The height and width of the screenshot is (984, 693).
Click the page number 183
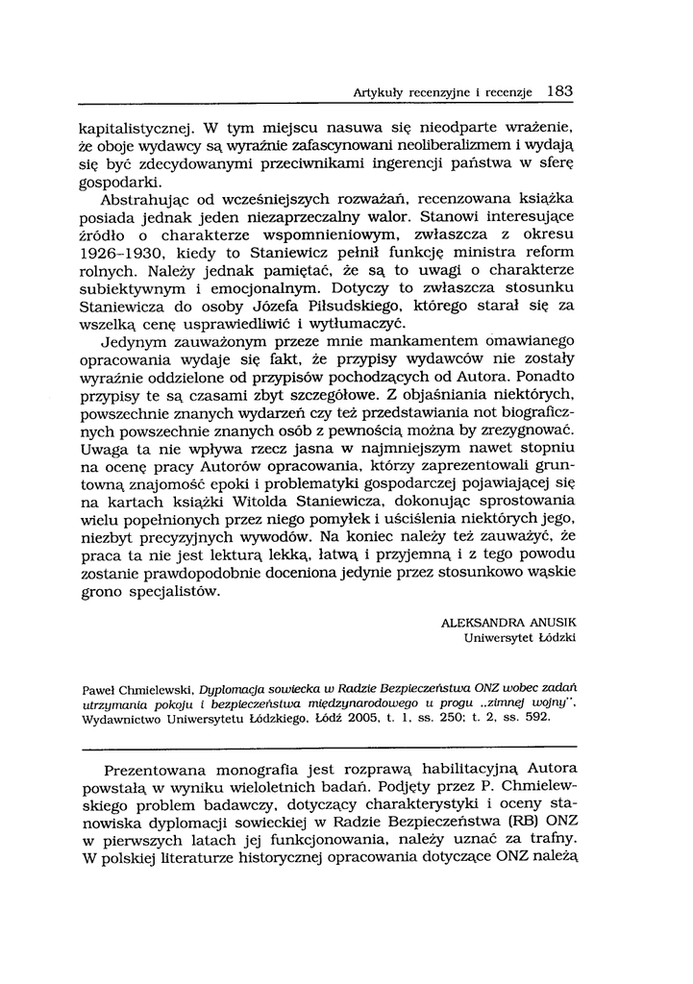[558, 92]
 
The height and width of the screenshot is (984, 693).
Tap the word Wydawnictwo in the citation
[118, 718]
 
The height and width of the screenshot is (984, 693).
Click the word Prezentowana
[160, 771]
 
